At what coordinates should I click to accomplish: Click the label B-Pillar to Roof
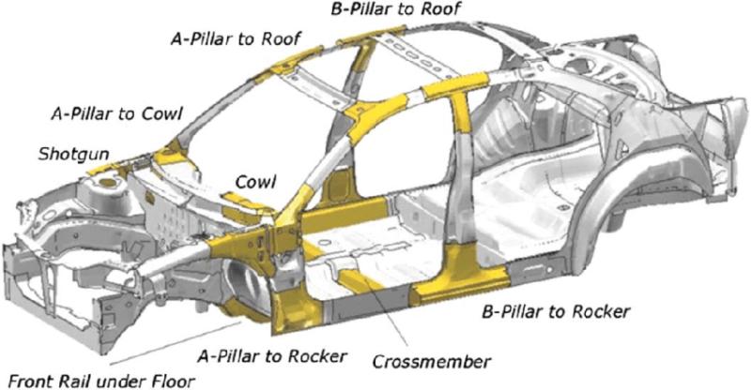pos(396,8)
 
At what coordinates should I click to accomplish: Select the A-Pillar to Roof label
pos(237,38)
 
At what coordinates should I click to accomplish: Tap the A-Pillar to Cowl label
pos(116,113)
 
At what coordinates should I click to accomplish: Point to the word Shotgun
pos(74,155)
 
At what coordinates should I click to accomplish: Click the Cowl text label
pos(255,182)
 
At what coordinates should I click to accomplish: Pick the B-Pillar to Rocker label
pos(556,312)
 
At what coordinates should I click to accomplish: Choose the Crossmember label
pos(432,362)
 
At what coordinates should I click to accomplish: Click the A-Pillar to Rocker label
pos(272,356)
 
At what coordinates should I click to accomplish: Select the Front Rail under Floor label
pos(101,382)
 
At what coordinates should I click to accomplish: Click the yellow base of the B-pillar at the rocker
pos(460,275)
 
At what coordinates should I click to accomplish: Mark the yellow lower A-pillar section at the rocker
pos(291,307)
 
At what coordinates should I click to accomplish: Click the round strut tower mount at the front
pos(108,182)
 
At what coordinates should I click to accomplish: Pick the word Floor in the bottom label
pos(174,382)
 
